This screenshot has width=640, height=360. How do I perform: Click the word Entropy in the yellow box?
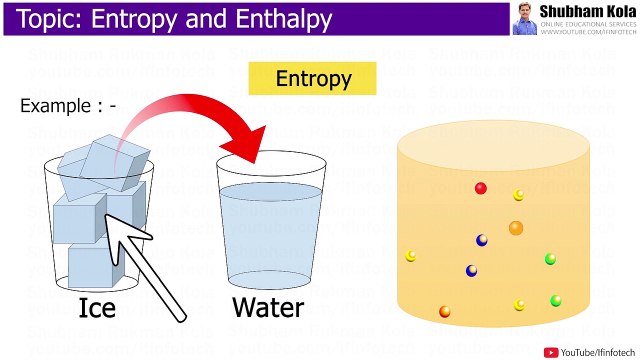click(313, 79)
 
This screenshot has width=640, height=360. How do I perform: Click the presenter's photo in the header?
click(525, 18)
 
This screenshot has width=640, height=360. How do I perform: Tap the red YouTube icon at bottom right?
click(551, 351)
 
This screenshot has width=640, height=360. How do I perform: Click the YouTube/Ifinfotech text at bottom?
click(598, 351)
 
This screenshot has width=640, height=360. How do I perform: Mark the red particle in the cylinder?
click(481, 188)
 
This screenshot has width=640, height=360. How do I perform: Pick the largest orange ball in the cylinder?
click(516, 228)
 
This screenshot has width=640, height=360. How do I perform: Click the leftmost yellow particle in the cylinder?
click(411, 256)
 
